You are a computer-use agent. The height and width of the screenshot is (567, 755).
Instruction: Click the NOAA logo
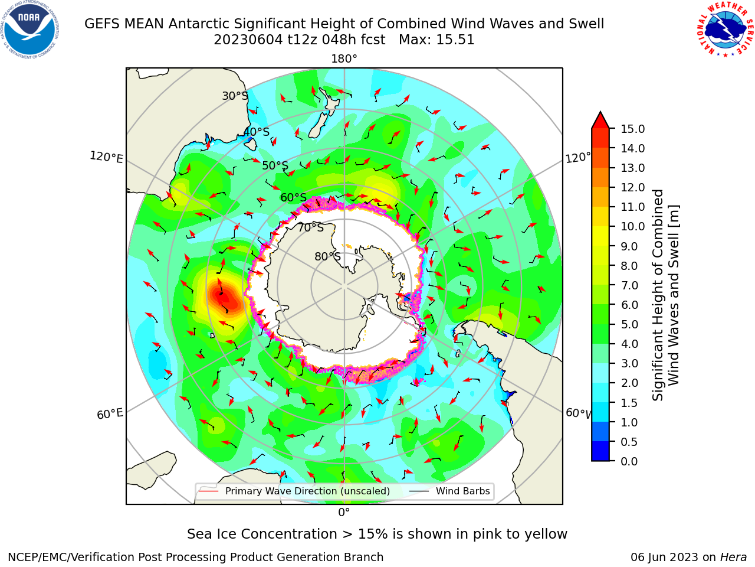click(30, 30)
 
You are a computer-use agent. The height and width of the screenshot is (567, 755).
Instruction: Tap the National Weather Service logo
click(725, 30)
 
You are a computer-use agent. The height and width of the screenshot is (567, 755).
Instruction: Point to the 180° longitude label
click(344, 59)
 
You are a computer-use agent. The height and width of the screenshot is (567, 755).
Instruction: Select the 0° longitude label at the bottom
click(344, 513)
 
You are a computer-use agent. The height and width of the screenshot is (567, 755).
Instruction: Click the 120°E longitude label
click(106, 157)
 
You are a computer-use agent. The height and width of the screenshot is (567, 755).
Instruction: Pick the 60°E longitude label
click(110, 413)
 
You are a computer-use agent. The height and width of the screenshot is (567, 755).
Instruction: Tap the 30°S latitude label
click(235, 96)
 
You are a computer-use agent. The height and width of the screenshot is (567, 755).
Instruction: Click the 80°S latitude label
click(327, 256)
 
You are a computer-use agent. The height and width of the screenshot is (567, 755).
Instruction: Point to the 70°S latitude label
click(311, 227)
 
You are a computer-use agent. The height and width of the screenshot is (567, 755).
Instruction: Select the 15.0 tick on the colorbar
click(632, 129)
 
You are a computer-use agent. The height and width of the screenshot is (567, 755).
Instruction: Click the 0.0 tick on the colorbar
click(629, 461)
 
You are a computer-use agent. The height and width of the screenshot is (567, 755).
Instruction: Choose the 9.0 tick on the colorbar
click(629, 246)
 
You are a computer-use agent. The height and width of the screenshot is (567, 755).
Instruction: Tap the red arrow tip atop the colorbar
click(600, 112)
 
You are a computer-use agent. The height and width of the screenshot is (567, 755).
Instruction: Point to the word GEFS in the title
click(102, 24)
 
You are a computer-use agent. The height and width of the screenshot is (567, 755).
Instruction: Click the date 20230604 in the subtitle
click(248, 40)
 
